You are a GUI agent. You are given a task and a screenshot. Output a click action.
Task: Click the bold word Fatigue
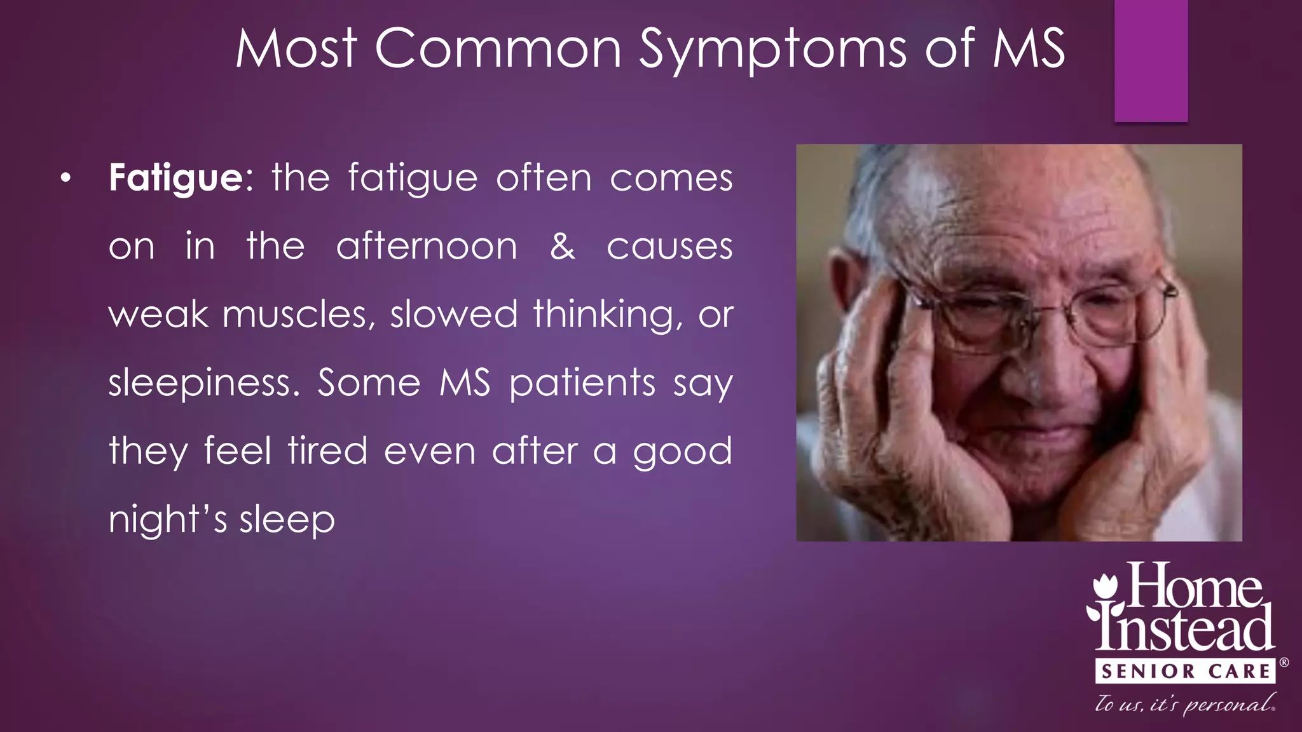click(175, 179)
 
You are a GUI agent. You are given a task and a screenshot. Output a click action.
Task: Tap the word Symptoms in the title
click(772, 50)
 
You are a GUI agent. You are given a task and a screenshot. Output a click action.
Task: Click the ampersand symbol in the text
click(563, 247)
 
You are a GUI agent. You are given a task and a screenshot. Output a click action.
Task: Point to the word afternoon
click(427, 247)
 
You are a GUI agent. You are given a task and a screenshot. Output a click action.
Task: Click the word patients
click(582, 383)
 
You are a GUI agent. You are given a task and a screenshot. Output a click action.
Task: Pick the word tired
click(327, 451)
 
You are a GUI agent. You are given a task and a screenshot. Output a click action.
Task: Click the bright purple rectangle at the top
click(1151, 60)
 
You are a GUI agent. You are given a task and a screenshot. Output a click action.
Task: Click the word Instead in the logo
click(1186, 629)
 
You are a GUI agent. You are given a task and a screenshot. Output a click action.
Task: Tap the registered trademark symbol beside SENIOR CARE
click(1284, 663)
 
